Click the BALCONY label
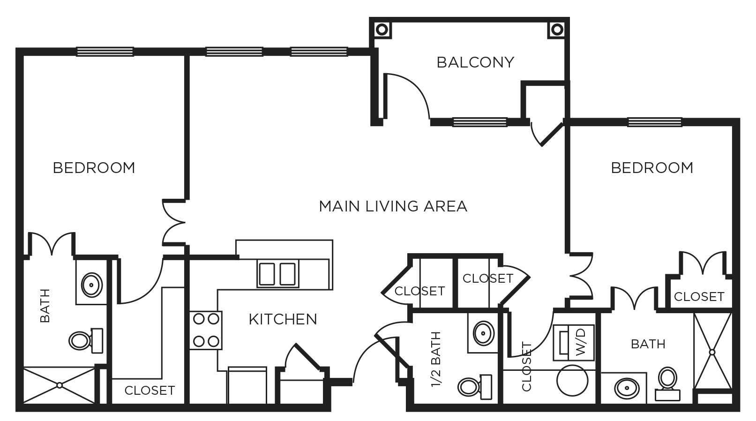pyautogui.click(x=475, y=62)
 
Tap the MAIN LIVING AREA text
pyautogui.click(x=393, y=206)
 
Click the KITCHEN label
pyautogui.click(x=283, y=319)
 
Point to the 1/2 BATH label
pyautogui.click(x=436, y=360)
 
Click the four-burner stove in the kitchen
pyautogui.click(x=206, y=330)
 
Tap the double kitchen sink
pyautogui.click(x=277, y=274)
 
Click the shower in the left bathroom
pyautogui.click(x=59, y=385)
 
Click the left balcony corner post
pyautogui.click(x=382, y=30)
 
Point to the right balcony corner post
pyautogui.click(x=557, y=30)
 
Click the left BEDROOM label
pyautogui.click(x=94, y=168)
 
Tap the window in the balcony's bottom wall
pyautogui.click(x=479, y=122)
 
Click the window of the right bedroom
pyautogui.click(x=654, y=122)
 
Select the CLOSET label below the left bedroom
pyautogui.click(x=150, y=390)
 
